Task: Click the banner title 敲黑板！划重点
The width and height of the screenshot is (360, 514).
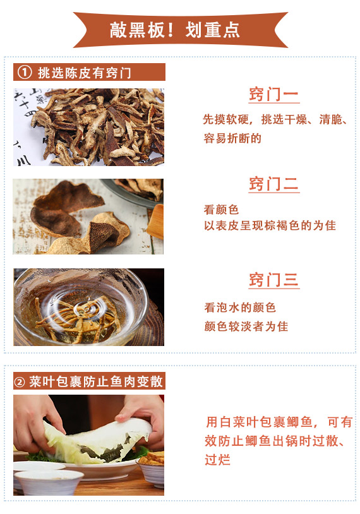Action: pos(175,30)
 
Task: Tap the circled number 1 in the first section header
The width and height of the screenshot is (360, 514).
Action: pos(25,73)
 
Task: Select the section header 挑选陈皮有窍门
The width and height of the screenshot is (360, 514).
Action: pos(85,73)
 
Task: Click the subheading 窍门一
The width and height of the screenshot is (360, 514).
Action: pos(273,95)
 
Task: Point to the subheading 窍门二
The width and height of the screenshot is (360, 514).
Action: pos(273,184)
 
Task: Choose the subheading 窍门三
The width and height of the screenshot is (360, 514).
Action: pos(273,280)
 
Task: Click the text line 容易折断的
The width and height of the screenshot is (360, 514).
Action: pos(232,138)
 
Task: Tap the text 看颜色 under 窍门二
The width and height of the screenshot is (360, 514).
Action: pos(221,210)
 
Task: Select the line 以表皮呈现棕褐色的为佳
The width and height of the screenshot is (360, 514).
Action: pos(270,225)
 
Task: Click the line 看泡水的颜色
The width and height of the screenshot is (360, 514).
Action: pos(240,308)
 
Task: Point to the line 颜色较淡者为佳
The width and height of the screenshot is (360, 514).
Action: pos(246,326)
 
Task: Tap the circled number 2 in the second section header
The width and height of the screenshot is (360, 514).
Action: pos(20,382)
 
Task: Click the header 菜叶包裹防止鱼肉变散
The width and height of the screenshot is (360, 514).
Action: pos(96,381)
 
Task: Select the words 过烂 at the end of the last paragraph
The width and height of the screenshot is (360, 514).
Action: pos(217,460)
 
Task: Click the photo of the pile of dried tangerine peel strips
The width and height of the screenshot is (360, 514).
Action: pos(88,127)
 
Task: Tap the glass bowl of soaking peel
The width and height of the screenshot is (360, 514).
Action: pos(81,307)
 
